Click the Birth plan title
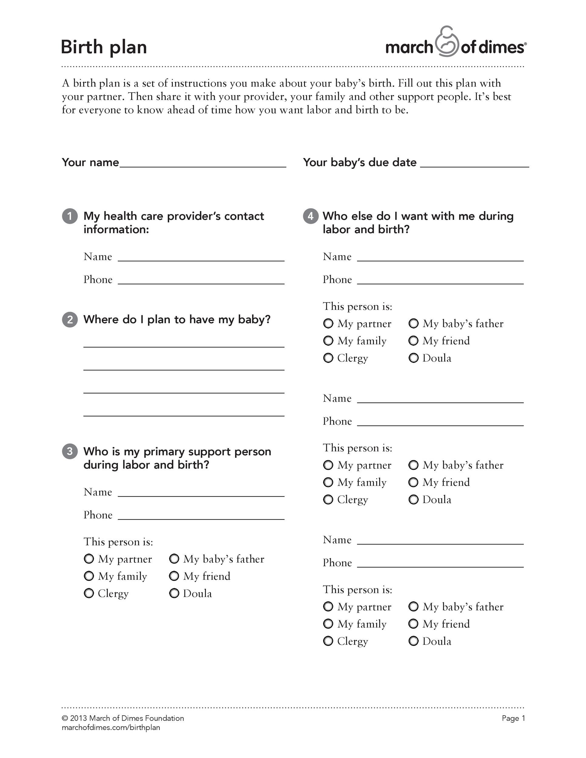click(x=104, y=47)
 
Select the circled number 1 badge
click(x=70, y=216)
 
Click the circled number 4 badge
click(x=310, y=216)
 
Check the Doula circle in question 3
click(x=174, y=593)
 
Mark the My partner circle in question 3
click(x=89, y=559)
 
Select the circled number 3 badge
click(x=70, y=451)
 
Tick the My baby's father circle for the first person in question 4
click(x=413, y=324)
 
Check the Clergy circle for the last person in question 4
click(x=328, y=641)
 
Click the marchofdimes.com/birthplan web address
click(x=111, y=727)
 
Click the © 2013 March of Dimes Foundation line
click(x=123, y=718)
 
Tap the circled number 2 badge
click(x=70, y=319)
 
